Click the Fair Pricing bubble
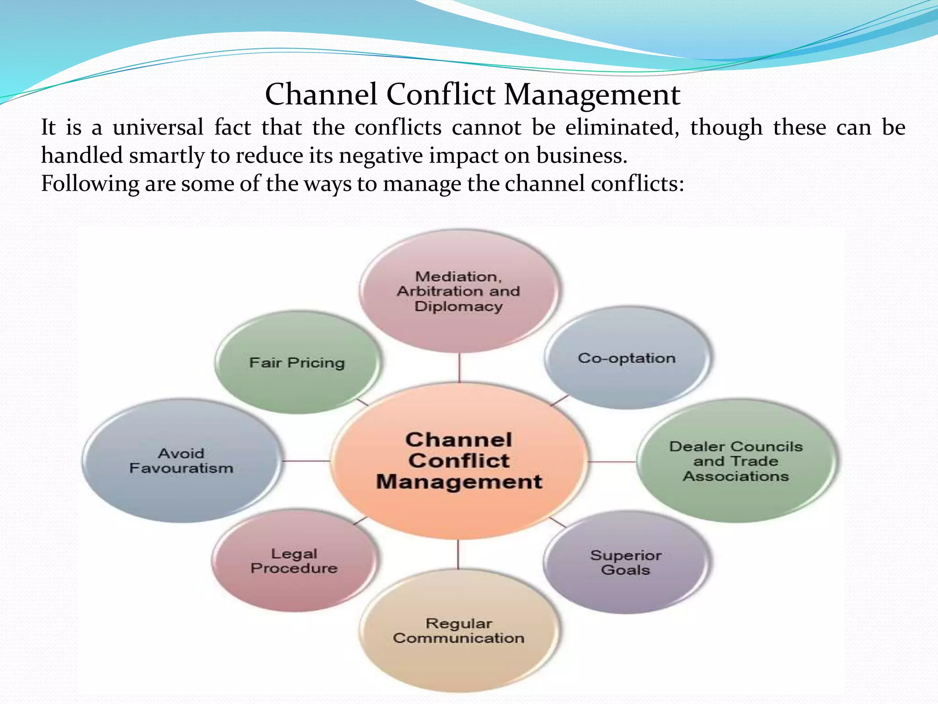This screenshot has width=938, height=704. pyautogui.click(x=297, y=363)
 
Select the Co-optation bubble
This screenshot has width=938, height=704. pyautogui.click(x=627, y=358)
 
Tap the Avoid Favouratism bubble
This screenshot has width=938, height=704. pyautogui.click(x=181, y=461)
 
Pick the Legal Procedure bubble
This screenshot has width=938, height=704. pyautogui.click(x=294, y=561)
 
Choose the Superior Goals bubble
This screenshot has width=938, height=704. pyautogui.click(x=626, y=562)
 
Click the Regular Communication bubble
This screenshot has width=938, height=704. pyautogui.click(x=458, y=631)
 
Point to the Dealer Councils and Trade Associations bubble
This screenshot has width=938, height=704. pyautogui.click(x=736, y=461)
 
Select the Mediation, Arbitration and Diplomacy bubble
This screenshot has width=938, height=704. pyautogui.click(x=458, y=291)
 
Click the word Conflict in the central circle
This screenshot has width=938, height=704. pyautogui.click(x=459, y=461)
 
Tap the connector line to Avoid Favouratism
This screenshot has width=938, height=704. pyautogui.click(x=305, y=461)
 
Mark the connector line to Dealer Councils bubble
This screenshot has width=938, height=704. pyautogui.click(x=611, y=462)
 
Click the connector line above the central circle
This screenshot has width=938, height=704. pyautogui.click(x=459, y=368)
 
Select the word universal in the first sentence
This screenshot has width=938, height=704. pyautogui.click(x=158, y=127)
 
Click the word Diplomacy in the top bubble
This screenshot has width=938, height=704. pyautogui.click(x=458, y=306)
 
